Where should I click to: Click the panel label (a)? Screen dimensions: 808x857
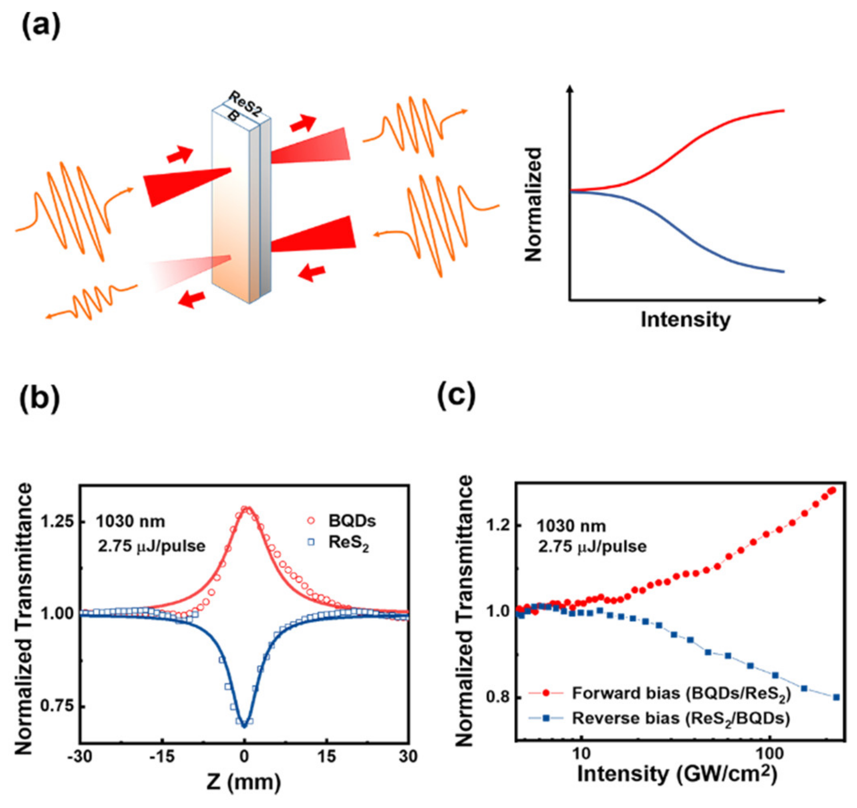tap(41, 27)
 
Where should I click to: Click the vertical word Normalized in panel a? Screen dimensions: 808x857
tap(534, 204)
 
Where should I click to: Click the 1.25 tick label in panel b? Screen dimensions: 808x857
tap(57, 521)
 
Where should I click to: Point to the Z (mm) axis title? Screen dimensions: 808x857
tap(243, 781)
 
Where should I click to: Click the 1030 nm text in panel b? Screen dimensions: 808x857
tap(130, 521)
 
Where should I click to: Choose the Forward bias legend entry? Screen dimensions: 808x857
tap(680, 693)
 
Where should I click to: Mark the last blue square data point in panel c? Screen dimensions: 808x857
tap(836, 697)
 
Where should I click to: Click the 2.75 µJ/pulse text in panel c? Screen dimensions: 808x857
tap(592, 547)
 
